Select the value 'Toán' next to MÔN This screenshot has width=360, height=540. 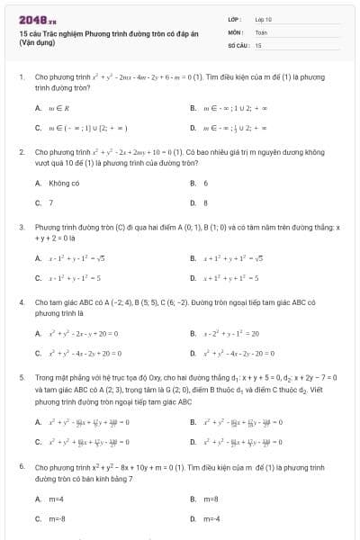point(261,31)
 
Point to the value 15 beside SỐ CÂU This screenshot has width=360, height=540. point(258,43)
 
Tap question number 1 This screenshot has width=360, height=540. point(21,77)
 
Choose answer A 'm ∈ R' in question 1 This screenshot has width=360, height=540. point(56,107)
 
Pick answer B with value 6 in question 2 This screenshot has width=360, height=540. point(205,183)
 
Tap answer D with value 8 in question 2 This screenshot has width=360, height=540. point(205,202)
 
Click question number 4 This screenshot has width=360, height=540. point(21,302)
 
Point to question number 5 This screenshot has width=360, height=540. point(21,377)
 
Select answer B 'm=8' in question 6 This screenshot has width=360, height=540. point(211,498)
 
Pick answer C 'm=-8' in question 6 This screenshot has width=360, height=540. point(57,518)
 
